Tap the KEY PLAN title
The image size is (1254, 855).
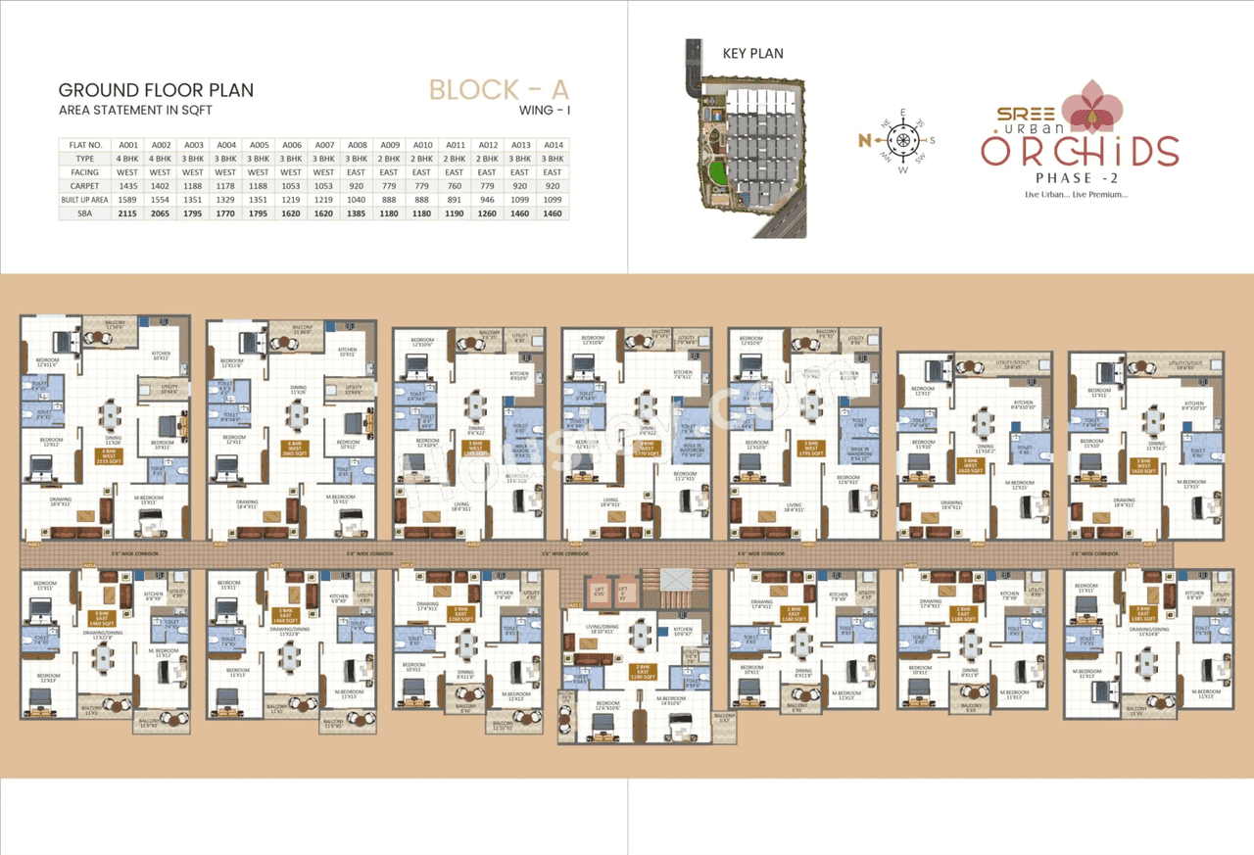pyautogui.click(x=752, y=53)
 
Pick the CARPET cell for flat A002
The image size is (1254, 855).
pyautogui.click(x=162, y=185)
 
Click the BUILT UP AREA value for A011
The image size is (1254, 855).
pyautogui.click(x=455, y=199)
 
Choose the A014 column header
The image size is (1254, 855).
pyautogui.click(x=552, y=144)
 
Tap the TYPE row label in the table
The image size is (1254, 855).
pyautogui.click(x=84, y=158)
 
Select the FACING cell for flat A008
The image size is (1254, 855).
pyautogui.click(x=358, y=171)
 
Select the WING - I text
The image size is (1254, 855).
pyautogui.click(x=544, y=112)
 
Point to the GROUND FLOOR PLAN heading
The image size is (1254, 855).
pyautogui.click(x=156, y=91)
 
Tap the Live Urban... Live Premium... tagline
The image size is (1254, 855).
pyautogui.click(x=1076, y=194)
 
